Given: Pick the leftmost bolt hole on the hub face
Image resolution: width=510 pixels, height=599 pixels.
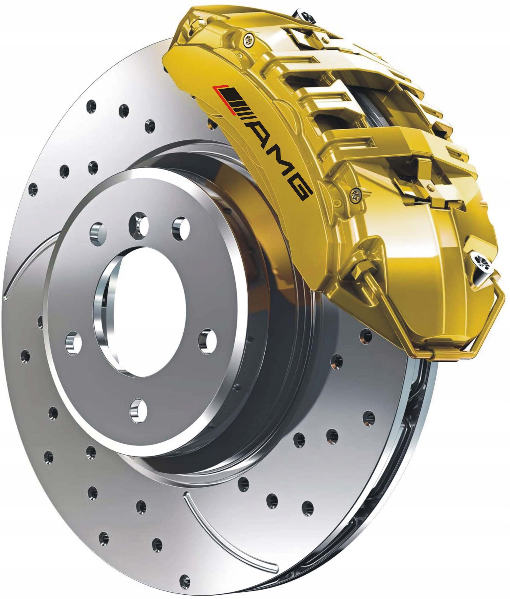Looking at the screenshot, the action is click(x=73, y=343).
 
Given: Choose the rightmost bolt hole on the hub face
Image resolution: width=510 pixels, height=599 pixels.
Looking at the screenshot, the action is click(x=207, y=341).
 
